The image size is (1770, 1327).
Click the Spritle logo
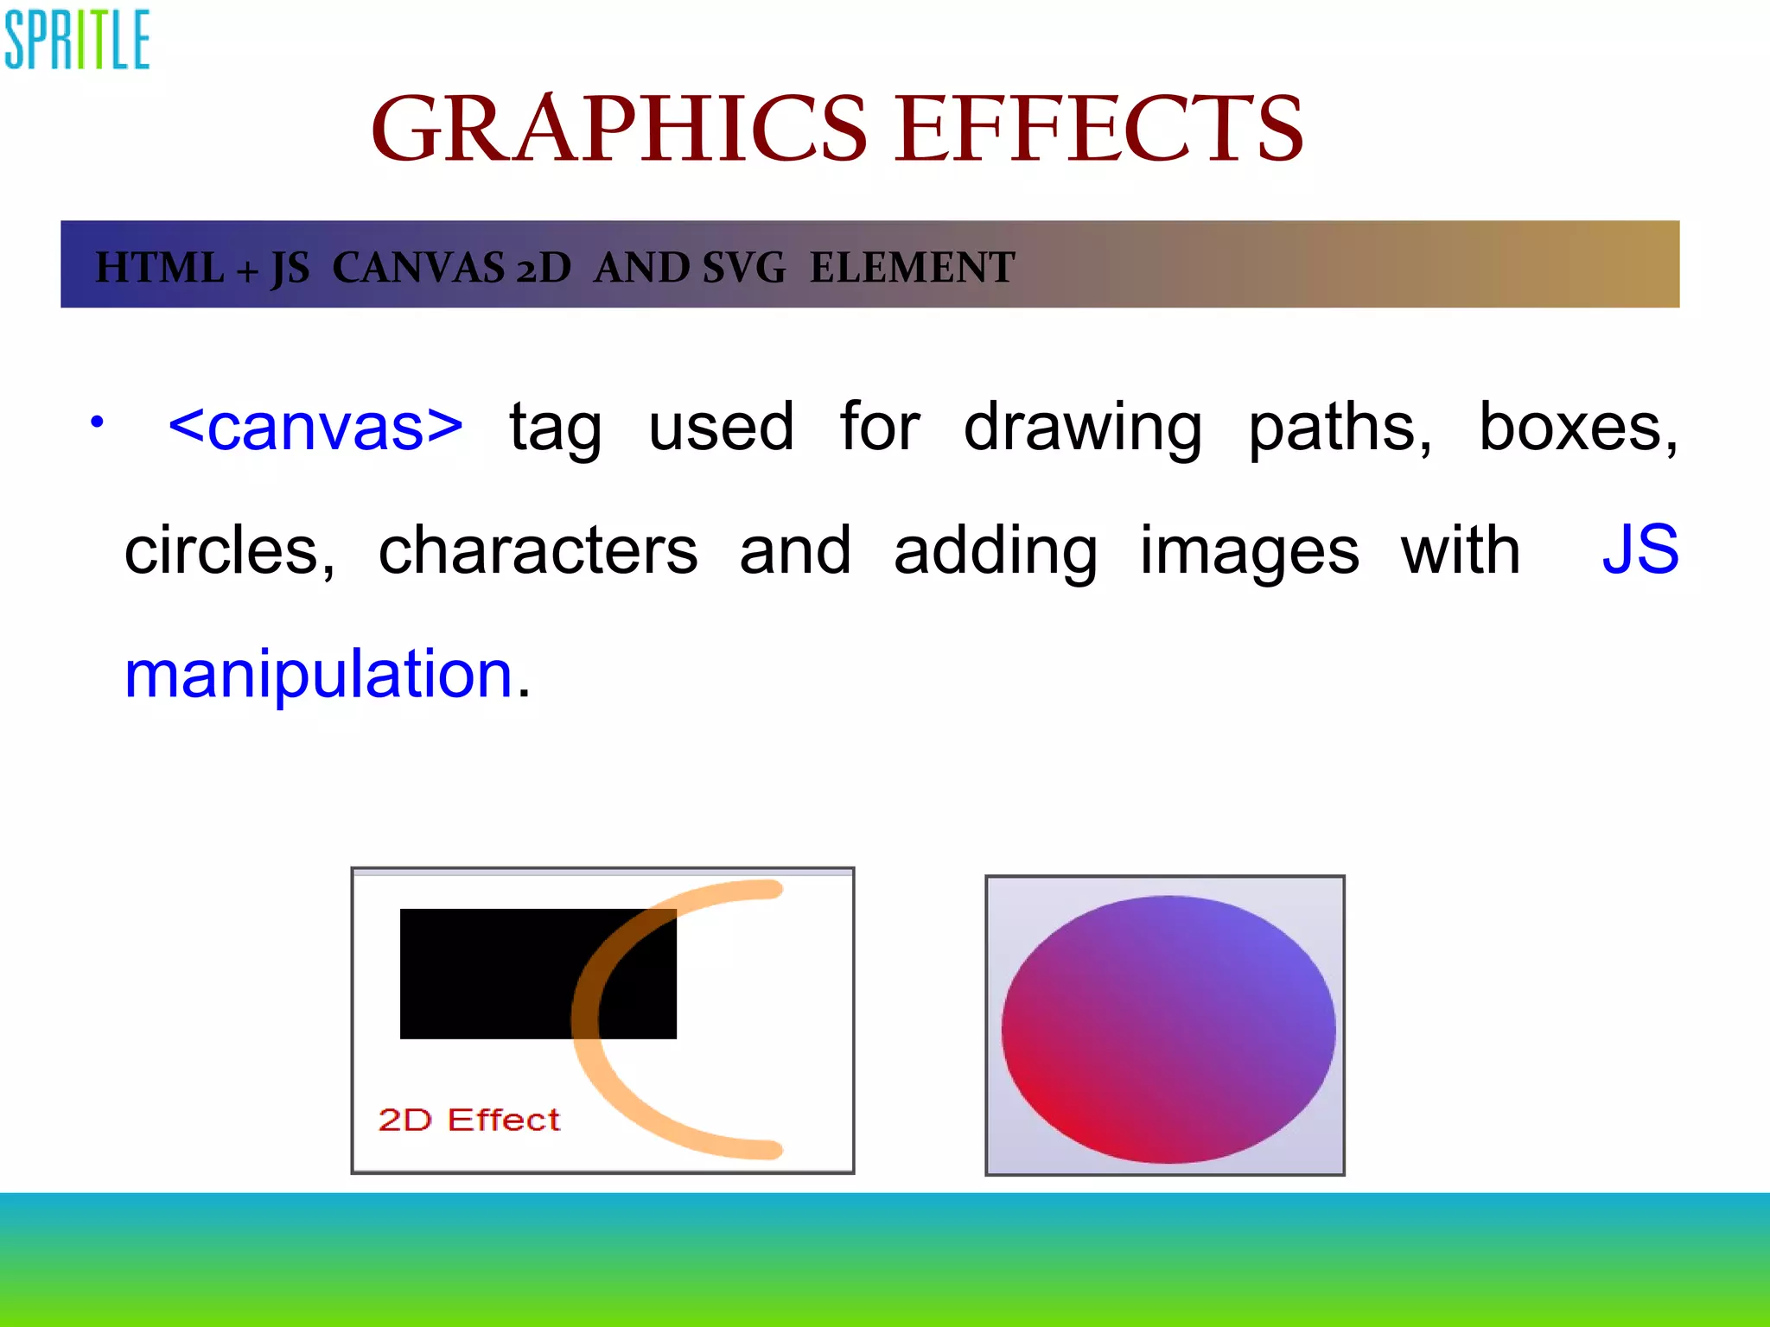77,40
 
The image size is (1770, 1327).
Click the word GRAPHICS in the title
619,130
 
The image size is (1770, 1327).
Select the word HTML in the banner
159,267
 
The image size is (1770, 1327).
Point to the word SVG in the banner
743,267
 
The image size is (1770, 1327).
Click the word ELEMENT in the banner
912,267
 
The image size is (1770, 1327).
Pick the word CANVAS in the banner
417,267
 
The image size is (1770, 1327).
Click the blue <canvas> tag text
316,426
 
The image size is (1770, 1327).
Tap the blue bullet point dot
98,422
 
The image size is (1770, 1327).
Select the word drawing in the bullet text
1082,428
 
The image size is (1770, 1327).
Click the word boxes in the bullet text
1577,426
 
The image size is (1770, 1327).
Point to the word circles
229,550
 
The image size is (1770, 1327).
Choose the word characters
538,550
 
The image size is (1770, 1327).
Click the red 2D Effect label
469,1120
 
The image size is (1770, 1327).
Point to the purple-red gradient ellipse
1168,1029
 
